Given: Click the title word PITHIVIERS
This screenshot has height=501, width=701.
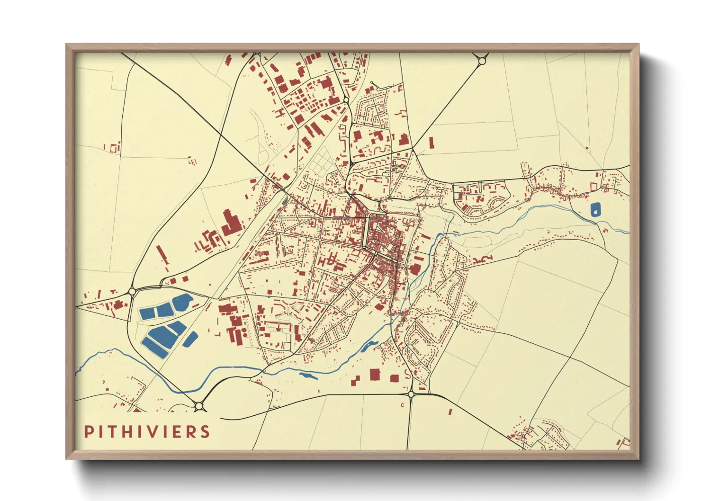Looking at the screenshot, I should (147, 432).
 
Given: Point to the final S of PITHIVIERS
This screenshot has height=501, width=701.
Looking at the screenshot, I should (205, 432).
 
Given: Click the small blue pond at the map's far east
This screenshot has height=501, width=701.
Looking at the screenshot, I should (595, 209).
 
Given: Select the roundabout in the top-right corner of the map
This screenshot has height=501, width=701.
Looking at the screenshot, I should (482, 61).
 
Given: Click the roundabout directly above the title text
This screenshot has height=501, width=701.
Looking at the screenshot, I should (199, 405).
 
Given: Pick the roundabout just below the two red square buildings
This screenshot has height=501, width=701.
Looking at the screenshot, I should (411, 394).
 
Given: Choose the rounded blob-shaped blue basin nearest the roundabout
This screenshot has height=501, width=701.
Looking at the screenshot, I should (182, 300).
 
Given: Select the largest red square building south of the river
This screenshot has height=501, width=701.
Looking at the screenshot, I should (375, 375).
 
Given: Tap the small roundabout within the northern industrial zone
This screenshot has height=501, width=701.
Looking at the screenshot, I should (346, 100).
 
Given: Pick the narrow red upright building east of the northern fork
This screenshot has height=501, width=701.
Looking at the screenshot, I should (431, 143).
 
